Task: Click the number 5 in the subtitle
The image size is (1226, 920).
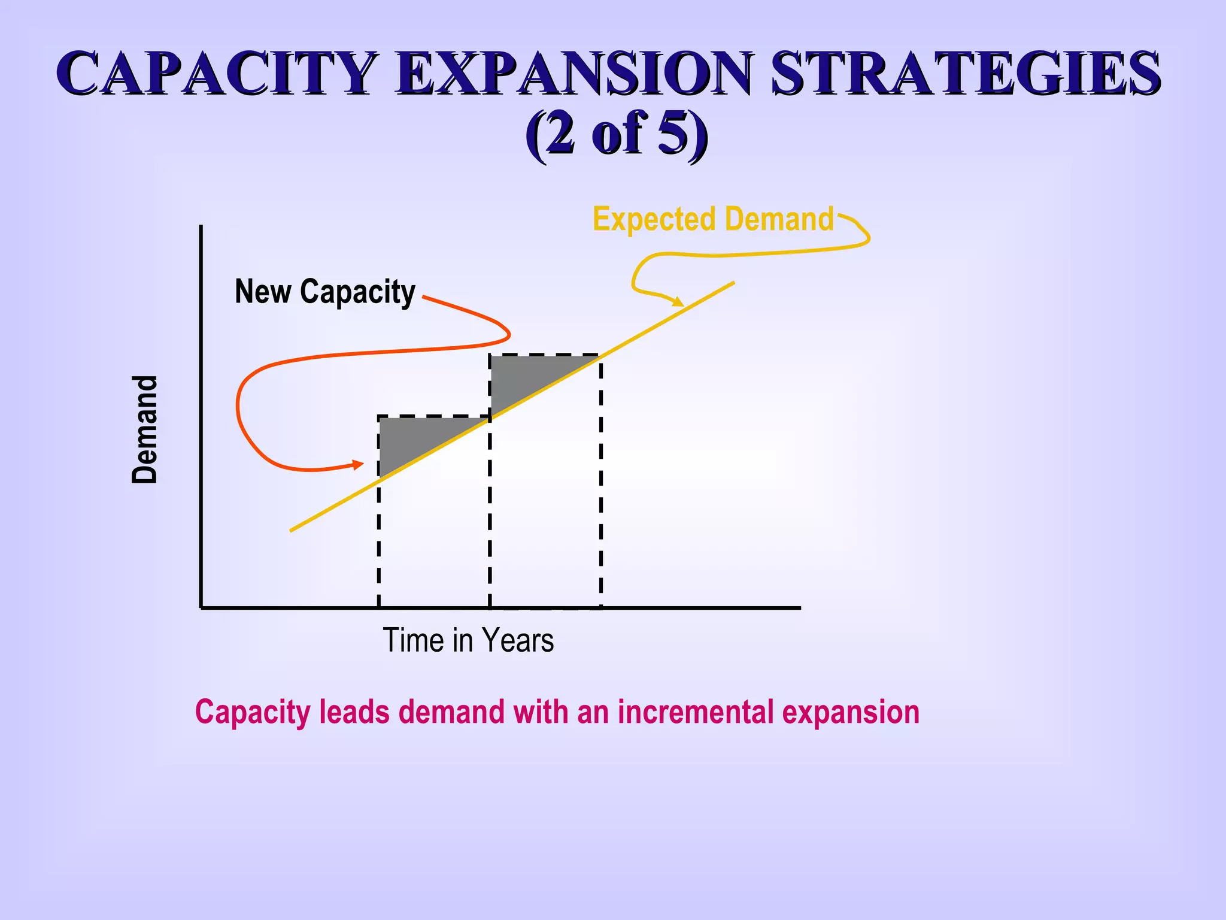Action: (672, 133)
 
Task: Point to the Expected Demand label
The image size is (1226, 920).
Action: (712, 219)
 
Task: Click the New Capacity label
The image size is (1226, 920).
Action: (325, 292)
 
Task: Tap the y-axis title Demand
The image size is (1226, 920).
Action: (145, 429)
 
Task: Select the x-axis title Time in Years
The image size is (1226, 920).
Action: (468, 640)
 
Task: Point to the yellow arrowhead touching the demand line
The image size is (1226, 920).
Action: (678, 301)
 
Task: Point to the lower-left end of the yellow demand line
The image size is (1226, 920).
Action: (292, 529)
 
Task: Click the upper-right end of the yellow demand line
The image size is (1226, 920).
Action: (733, 283)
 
